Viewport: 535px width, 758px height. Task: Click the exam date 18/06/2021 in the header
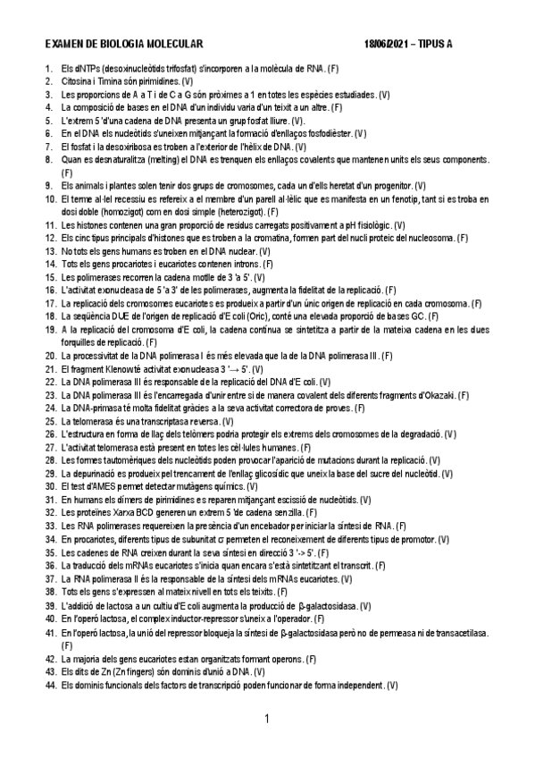click(x=386, y=43)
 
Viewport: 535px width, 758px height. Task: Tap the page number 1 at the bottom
click(x=267, y=719)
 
